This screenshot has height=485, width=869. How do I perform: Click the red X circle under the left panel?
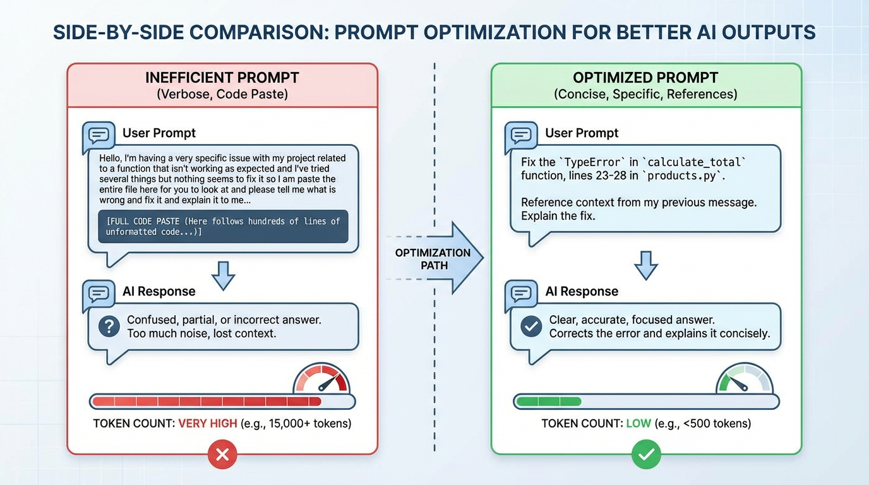pyautogui.click(x=222, y=454)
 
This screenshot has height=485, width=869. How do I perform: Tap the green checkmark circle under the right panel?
pyautogui.click(x=645, y=454)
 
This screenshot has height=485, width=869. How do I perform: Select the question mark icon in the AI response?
pyautogui.click(x=109, y=326)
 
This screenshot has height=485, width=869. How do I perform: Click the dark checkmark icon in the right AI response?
pyautogui.click(x=531, y=326)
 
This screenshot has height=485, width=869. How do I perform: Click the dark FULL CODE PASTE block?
pyautogui.click(x=223, y=226)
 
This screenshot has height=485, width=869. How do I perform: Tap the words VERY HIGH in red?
pyautogui.click(x=208, y=423)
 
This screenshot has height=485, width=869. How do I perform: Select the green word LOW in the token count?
pyautogui.click(x=638, y=423)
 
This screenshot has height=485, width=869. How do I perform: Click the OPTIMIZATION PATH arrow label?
pyautogui.click(x=433, y=259)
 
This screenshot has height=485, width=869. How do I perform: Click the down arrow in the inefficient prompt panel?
pyautogui.click(x=223, y=275)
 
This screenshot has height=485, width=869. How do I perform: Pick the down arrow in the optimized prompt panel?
pyautogui.click(x=645, y=265)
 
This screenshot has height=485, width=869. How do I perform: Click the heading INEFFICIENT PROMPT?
pyautogui.click(x=222, y=78)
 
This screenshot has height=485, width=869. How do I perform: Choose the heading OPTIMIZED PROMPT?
pyautogui.click(x=645, y=78)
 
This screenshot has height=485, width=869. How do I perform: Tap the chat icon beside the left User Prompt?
pyautogui.click(x=99, y=135)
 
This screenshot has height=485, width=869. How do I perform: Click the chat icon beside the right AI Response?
pyautogui.click(x=522, y=294)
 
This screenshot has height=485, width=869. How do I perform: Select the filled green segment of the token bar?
pyautogui.click(x=548, y=402)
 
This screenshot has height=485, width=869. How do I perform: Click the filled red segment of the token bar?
pyautogui.click(x=206, y=402)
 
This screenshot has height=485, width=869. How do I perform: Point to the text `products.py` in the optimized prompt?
pyautogui.click(x=682, y=176)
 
